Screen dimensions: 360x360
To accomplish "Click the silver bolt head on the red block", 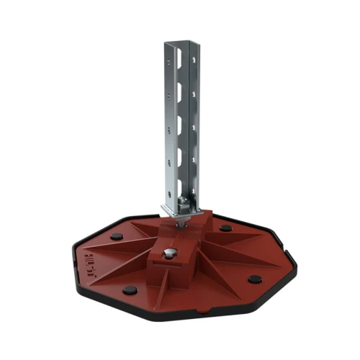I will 169,254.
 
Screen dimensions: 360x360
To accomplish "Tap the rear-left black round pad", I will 116,236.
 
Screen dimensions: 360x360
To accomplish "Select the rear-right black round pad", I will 226,228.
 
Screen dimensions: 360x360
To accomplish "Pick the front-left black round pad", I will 130,290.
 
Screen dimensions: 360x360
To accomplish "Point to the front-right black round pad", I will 253,279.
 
